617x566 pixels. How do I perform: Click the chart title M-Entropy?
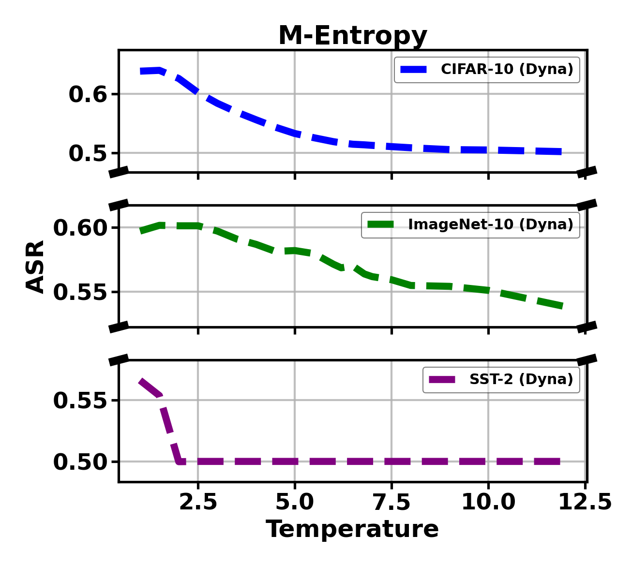(x=353, y=36)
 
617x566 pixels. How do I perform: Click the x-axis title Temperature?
(x=352, y=529)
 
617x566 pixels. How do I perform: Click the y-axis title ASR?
(x=35, y=266)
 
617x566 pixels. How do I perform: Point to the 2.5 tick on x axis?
(x=198, y=503)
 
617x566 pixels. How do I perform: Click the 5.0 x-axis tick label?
(x=295, y=503)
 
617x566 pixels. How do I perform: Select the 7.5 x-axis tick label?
(x=391, y=503)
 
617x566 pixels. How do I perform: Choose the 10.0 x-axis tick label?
(x=488, y=503)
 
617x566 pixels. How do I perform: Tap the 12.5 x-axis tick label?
(x=585, y=503)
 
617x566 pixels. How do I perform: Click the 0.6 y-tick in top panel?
(x=87, y=94)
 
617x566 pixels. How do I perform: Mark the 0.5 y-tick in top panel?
(x=87, y=153)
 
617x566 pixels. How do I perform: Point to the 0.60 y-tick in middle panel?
(x=79, y=228)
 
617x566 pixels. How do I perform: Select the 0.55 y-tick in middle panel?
(x=79, y=292)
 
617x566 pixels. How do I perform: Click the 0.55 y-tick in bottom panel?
(x=79, y=401)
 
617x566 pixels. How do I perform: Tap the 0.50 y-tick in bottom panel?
(x=79, y=462)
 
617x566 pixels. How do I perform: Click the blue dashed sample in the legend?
(x=414, y=69)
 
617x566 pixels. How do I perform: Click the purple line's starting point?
(x=140, y=381)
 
